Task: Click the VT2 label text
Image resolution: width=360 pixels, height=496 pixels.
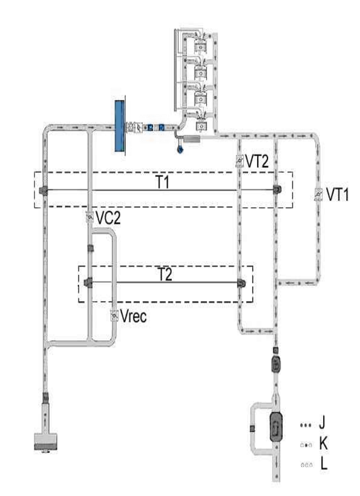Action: pos(257,161)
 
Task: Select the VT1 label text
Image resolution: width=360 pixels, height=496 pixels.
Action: pos(337,194)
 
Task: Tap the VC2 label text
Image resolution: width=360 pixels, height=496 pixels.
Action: pos(108,217)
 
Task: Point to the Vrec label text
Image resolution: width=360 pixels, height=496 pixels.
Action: pos(133,316)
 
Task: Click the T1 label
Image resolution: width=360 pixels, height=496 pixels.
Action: pos(163,182)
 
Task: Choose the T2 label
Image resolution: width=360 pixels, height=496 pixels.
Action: pos(165,274)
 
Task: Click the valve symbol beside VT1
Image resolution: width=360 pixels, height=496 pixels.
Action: pos(318,194)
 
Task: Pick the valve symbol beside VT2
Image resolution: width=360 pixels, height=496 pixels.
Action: pos(240,161)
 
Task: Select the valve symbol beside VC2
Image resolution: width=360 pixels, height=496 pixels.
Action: pos(90,217)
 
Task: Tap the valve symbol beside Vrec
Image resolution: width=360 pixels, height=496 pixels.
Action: pos(114,316)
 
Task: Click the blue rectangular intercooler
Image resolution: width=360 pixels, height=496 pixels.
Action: pos(119,126)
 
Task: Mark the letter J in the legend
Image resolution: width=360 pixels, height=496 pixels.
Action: pos(322,423)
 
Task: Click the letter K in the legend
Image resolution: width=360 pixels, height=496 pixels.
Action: pos(323,444)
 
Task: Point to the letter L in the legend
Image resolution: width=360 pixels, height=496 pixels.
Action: pos(323,464)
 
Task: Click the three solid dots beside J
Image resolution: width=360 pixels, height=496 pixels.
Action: pos(306,425)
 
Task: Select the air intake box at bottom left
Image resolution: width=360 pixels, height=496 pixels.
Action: pos(46,441)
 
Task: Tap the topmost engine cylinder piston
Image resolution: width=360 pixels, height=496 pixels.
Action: pos(200,46)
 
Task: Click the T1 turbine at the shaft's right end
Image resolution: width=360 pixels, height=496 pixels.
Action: pos(277,190)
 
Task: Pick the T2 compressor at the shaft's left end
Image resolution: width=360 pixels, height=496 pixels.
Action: pos(88,282)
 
